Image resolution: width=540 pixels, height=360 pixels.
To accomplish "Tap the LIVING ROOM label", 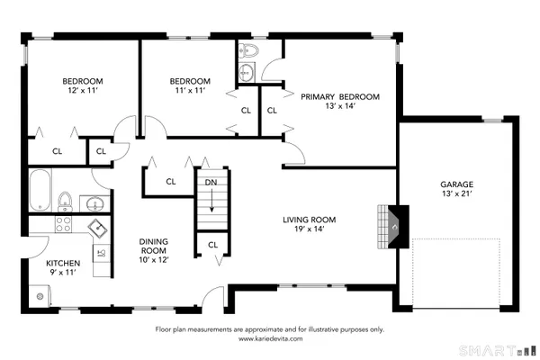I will click(x=309, y=219).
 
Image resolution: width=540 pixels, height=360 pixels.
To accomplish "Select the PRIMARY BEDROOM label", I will click(x=339, y=96).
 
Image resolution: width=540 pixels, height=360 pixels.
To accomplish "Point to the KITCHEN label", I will click(x=63, y=264).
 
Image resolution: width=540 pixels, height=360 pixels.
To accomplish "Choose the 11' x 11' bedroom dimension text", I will click(x=191, y=90).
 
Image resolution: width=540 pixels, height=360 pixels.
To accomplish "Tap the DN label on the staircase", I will click(x=211, y=182).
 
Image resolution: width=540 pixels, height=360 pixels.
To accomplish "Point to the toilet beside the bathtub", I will click(x=66, y=198).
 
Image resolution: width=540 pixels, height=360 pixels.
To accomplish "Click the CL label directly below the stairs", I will click(x=212, y=244).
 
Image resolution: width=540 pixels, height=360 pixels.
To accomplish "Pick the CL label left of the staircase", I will click(x=170, y=182).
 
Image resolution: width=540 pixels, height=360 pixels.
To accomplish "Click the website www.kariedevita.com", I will click(x=270, y=339).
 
